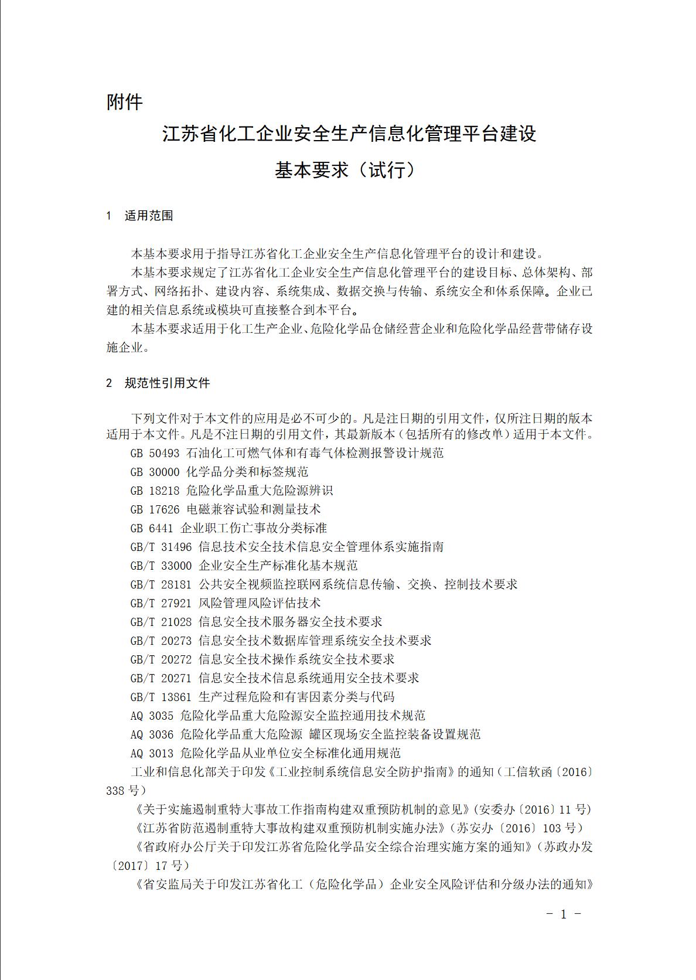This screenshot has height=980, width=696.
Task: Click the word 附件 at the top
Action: [x=124, y=103]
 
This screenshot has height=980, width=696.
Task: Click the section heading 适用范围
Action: [x=149, y=216]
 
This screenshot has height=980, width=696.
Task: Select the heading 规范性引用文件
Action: [x=167, y=383]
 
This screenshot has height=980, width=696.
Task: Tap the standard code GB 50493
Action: [x=155, y=453]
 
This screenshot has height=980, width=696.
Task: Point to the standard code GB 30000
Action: [x=155, y=472]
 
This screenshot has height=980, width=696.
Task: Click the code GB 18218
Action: [x=155, y=491]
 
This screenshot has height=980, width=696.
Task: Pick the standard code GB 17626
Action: [x=155, y=509]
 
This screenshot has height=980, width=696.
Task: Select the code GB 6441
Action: [x=152, y=528]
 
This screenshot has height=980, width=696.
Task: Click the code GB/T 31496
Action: [x=161, y=547]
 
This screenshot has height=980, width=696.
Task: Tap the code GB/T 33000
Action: [x=161, y=566]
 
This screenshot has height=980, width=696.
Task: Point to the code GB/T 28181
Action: [x=161, y=584]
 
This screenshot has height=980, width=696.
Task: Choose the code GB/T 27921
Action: [x=161, y=603]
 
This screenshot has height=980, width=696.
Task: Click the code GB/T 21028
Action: [x=161, y=622]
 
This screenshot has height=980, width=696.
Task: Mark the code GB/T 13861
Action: [x=161, y=697]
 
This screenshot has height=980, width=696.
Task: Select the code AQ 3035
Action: [x=152, y=716]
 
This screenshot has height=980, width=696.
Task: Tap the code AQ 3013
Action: [x=152, y=753]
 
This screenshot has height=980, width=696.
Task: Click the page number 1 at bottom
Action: [x=563, y=915]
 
